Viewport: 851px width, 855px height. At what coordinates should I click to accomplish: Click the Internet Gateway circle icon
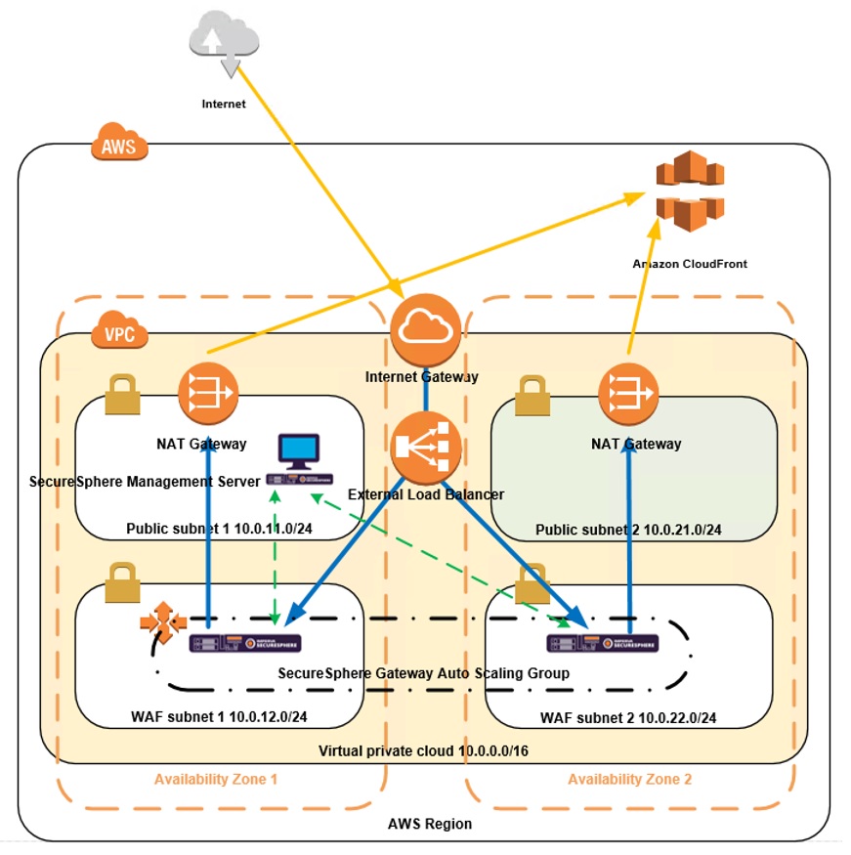[x=425, y=329]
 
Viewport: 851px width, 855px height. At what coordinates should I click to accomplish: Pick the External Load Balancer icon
[x=425, y=448]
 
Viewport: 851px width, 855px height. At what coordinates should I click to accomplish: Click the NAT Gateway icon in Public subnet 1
[x=208, y=392]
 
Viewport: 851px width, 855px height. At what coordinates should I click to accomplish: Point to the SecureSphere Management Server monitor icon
[x=298, y=450]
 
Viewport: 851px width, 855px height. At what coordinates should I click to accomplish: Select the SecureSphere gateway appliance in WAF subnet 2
[x=602, y=643]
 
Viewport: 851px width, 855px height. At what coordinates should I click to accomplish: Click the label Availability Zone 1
[x=216, y=779]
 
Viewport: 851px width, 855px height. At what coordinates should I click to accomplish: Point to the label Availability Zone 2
[x=629, y=779]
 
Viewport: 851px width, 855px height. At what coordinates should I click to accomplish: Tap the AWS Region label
[x=430, y=824]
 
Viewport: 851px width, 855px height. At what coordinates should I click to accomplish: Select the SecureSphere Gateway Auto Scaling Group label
[x=423, y=673]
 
